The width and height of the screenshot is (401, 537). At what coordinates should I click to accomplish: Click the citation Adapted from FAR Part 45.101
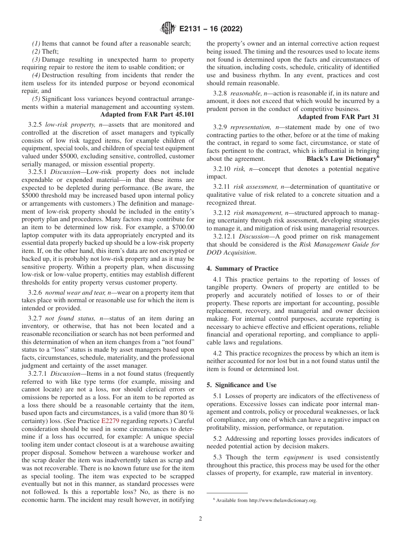[147, 114]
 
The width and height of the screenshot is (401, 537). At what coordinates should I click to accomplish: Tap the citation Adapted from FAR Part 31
[338, 117]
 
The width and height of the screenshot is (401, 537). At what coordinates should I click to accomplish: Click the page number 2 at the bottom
[200, 519]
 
